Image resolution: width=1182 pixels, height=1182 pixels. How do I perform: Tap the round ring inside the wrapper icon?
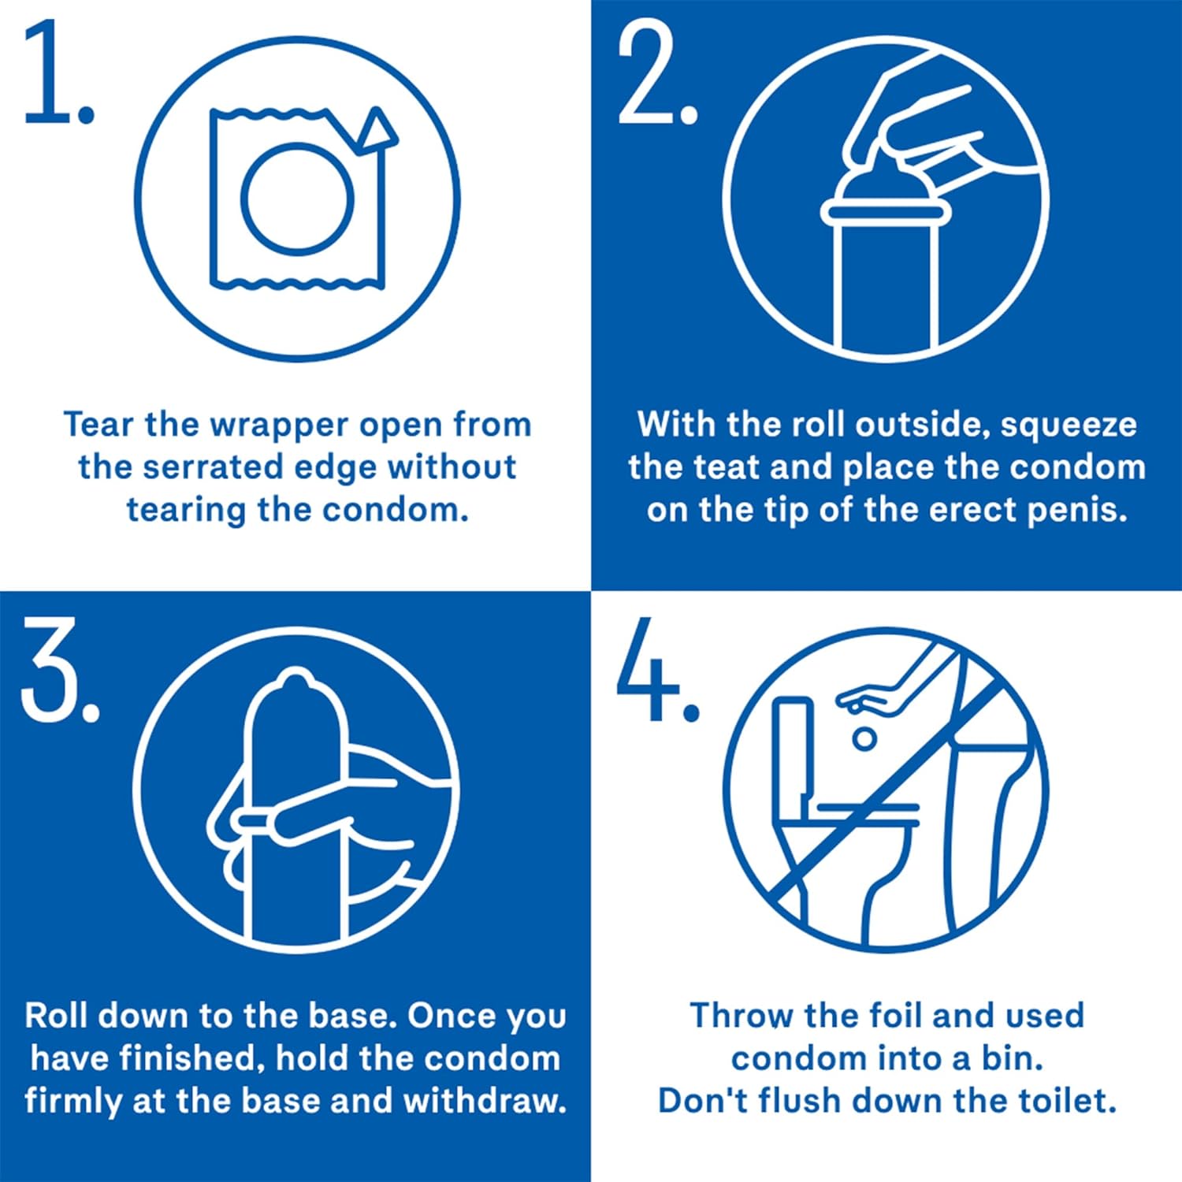[297, 196]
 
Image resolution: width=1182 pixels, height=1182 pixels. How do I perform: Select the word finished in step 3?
[187, 1058]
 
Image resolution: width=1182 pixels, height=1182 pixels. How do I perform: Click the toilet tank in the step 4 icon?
[792, 749]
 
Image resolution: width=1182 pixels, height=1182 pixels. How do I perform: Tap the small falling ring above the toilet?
[864, 738]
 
